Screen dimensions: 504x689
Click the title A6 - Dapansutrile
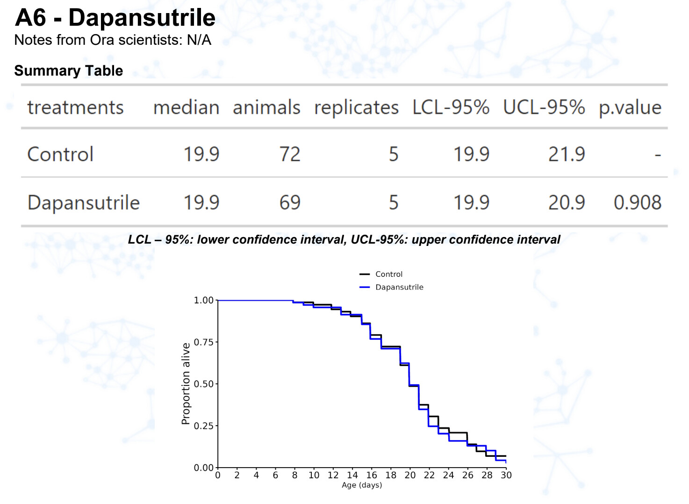[x=115, y=18]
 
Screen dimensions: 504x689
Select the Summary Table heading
[x=69, y=70]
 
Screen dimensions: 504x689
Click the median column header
[x=186, y=107]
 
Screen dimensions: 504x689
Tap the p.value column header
[x=630, y=107]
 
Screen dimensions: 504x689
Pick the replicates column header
[x=356, y=107]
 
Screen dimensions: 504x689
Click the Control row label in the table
[x=60, y=154]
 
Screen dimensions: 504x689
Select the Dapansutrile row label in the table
[x=84, y=203]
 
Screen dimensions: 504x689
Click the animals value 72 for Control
[x=290, y=154]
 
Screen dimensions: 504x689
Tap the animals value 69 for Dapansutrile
[x=290, y=203]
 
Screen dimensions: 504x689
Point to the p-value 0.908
[x=637, y=203]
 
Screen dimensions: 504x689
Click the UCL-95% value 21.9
[x=566, y=154]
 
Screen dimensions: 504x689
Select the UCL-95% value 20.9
[x=566, y=203]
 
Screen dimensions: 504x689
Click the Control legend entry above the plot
[x=388, y=274]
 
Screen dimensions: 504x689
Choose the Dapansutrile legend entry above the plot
[x=399, y=287]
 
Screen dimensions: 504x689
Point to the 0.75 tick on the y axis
[x=203, y=342]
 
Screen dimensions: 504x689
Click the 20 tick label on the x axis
[x=410, y=475]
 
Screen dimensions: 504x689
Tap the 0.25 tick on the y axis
[x=203, y=426]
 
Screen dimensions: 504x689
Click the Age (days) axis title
[x=362, y=485]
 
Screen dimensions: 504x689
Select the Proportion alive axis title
[x=186, y=384]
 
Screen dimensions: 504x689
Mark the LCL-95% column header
[x=451, y=107]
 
